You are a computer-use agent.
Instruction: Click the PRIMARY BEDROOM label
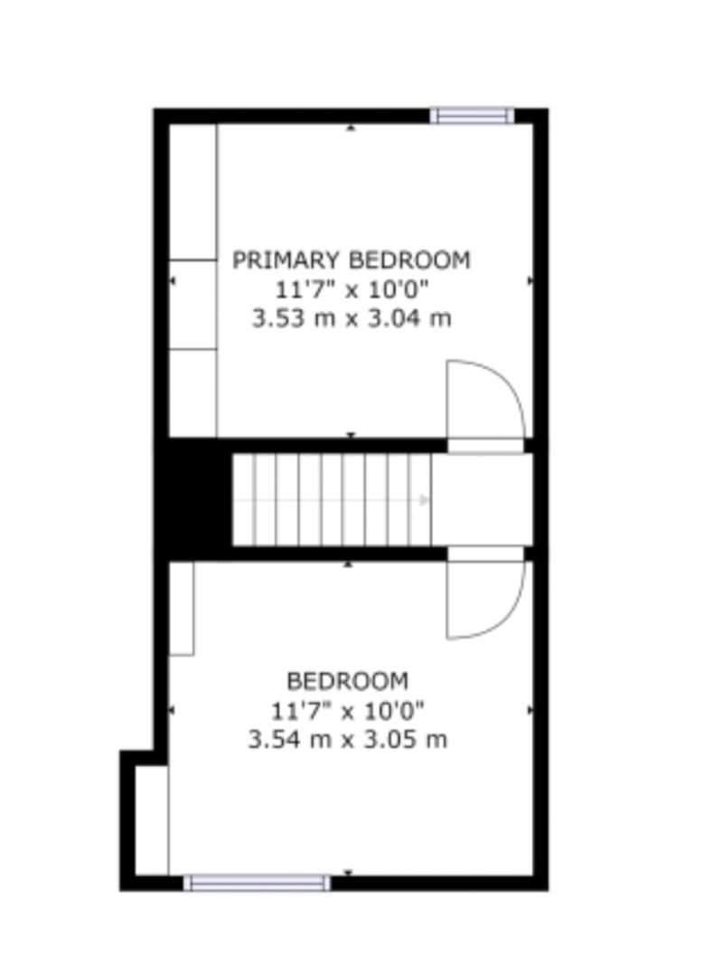(x=352, y=260)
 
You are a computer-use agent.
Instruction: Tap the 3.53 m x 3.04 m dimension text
(x=352, y=318)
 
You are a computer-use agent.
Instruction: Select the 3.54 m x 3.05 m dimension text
(x=348, y=739)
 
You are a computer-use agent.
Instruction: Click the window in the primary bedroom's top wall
(x=471, y=116)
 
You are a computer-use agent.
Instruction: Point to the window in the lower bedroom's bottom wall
(x=257, y=882)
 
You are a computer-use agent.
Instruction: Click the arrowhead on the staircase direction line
(x=424, y=498)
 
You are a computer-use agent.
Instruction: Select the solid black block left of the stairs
(x=193, y=498)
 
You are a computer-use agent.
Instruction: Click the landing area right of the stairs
(x=482, y=498)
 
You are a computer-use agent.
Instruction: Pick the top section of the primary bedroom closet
(x=193, y=192)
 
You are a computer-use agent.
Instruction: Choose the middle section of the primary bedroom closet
(x=193, y=304)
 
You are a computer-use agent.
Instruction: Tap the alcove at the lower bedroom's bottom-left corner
(x=152, y=819)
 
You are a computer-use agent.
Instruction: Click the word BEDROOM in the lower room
(x=348, y=680)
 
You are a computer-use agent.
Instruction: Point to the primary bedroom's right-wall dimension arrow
(x=530, y=281)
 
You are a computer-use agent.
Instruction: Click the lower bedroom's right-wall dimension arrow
(x=530, y=711)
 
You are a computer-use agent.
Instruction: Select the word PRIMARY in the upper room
(x=287, y=260)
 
